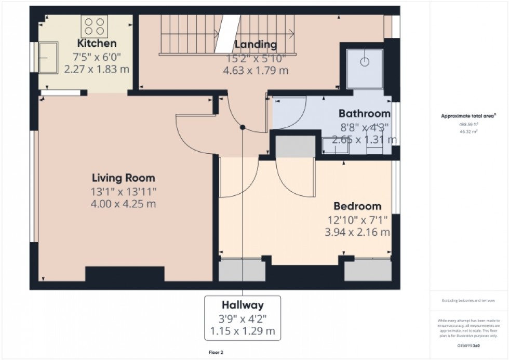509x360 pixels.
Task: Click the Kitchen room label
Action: click(97, 43)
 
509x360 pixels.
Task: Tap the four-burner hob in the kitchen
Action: click(94, 26)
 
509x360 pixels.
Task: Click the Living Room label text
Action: click(123, 178)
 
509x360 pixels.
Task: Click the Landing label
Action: click(256, 44)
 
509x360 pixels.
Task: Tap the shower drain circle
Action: click(366, 61)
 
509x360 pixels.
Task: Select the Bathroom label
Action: click(364, 113)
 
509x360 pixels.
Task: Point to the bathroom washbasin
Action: click(335, 146)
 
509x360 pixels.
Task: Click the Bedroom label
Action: click(357, 206)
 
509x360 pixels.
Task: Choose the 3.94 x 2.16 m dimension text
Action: click(357, 232)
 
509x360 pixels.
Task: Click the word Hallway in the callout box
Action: click(243, 305)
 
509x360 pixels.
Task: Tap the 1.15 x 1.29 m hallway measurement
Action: click(243, 330)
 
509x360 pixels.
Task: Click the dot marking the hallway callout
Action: click(243, 127)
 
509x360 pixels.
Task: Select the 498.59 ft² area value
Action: click(468, 125)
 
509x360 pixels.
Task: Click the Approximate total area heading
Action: click(468, 116)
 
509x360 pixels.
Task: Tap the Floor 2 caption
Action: click(215, 353)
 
